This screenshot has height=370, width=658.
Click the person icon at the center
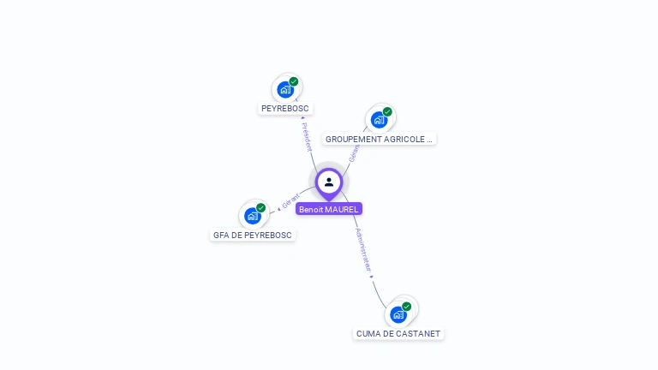329,182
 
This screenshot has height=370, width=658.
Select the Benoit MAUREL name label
329,209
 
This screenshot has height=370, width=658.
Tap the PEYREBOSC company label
285,109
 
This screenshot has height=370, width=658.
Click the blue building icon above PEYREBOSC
285,89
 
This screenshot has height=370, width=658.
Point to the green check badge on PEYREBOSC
294,81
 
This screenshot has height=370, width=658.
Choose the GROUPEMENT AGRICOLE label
380,139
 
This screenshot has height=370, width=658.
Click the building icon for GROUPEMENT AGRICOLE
379,119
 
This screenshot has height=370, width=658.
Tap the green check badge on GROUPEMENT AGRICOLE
387,111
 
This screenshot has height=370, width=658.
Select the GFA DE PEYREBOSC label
253,235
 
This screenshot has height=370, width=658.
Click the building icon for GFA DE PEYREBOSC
252,215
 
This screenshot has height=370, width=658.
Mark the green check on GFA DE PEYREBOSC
261,207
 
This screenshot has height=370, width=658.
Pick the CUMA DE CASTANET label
398,333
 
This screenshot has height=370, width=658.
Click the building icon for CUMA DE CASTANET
398,314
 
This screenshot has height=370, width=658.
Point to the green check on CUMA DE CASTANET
407,306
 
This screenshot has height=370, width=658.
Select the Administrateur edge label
363,251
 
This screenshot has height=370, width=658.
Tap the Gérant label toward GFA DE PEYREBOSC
290,201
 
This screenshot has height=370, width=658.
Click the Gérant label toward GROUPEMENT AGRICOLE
353,152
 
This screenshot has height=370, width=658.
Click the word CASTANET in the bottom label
419,333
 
